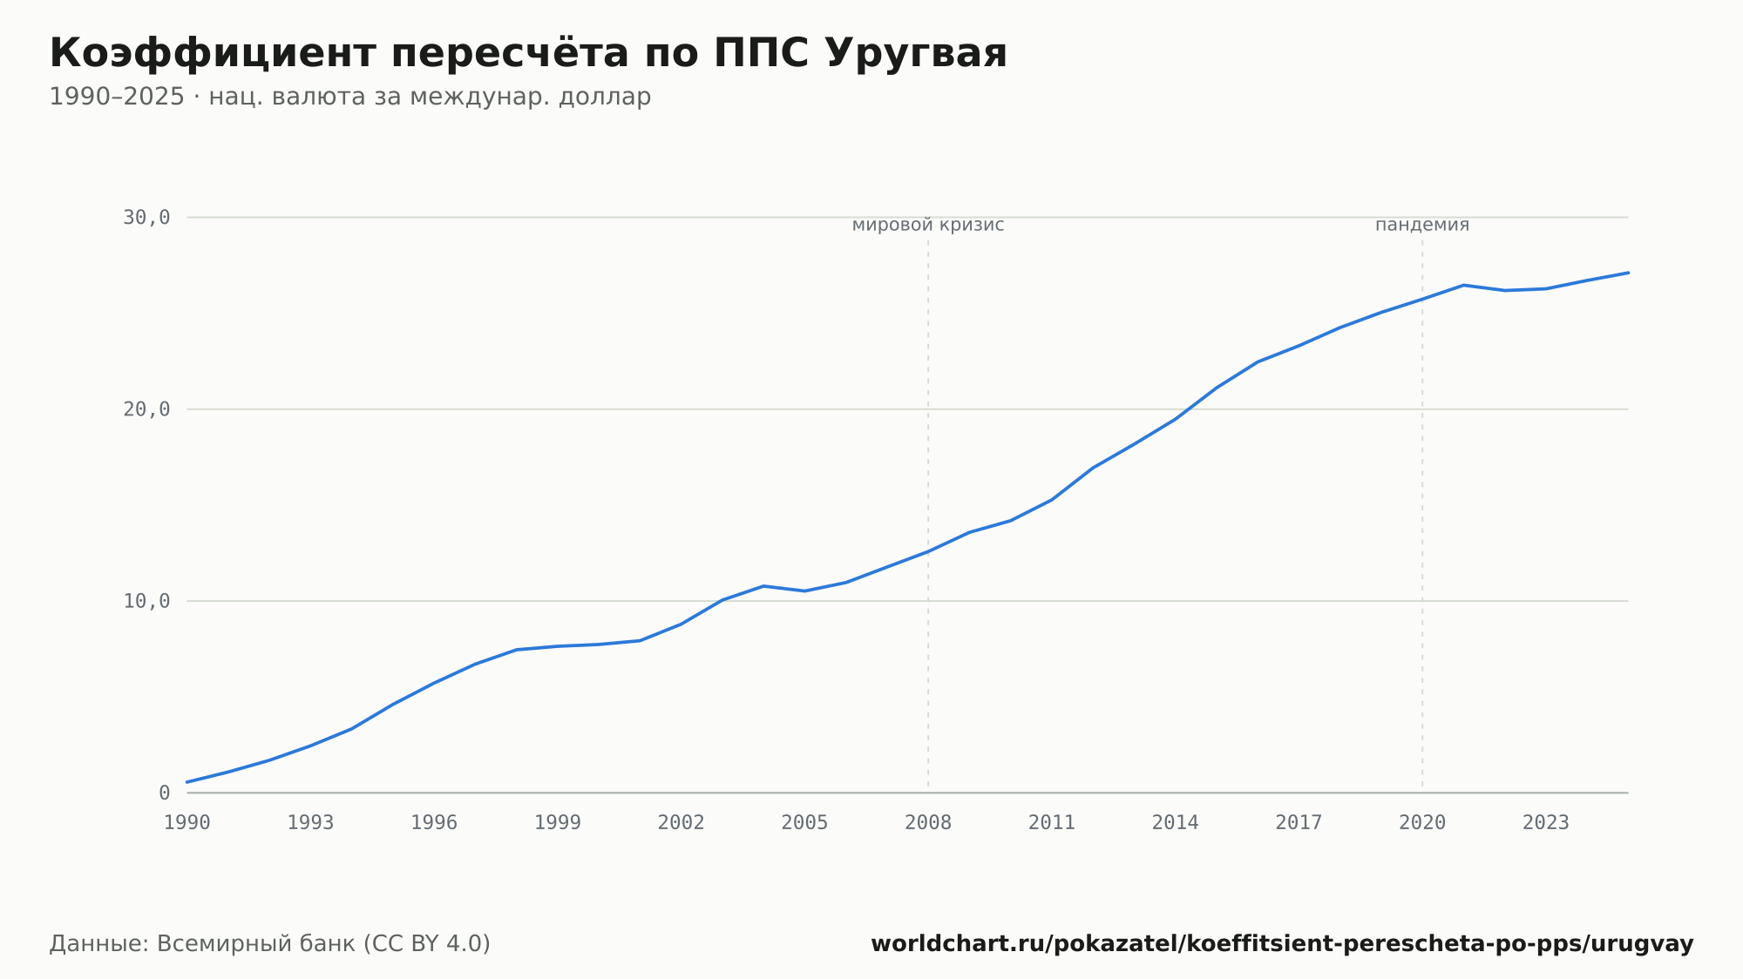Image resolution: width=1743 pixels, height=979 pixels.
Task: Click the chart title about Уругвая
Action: (528, 53)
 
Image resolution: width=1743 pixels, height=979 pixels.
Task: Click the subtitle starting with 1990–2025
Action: (350, 97)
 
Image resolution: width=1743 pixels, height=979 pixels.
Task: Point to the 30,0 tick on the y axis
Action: (146, 217)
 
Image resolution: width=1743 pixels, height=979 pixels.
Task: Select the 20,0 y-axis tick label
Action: (146, 409)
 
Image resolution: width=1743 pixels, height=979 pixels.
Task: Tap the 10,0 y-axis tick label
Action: (146, 601)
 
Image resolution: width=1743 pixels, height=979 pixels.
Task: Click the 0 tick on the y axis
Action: (165, 793)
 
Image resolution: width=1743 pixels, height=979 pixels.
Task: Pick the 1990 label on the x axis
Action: (187, 823)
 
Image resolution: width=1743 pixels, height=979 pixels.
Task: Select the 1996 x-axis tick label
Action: (434, 823)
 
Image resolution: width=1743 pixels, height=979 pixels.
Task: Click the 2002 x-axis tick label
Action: (682, 823)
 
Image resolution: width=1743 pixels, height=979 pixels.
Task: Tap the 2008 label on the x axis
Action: (928, 823)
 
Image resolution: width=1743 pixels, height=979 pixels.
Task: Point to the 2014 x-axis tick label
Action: (1176, 823)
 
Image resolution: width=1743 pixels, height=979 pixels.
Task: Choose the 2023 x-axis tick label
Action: (1546, 823)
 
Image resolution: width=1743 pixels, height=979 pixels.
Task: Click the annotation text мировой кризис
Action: (928, 225)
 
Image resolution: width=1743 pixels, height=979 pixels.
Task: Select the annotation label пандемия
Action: (1422, 225)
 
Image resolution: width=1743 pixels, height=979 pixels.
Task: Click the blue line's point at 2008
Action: (928, 551)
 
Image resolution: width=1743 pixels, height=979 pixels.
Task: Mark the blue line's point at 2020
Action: (1422, 299)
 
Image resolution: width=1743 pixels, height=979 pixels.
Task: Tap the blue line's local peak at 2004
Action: (763, 586)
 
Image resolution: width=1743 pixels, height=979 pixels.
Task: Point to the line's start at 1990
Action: (187, 782)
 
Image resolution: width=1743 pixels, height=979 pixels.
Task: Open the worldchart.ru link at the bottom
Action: (1282, 944)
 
